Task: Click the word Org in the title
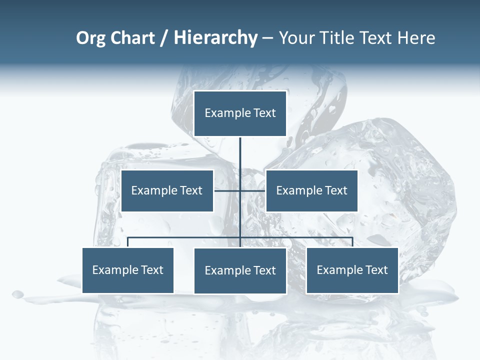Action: (91, 38)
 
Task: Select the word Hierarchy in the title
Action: (215, 38)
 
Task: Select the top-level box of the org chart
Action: (240, 113)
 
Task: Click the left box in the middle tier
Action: (167, 190)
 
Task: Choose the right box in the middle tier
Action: (312, 190)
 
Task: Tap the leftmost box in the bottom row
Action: (128, 270)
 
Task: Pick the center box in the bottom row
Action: (240, 270)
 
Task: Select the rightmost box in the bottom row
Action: (352, 270)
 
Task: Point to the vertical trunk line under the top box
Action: (240, 155)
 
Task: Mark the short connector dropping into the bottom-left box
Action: (128, 242)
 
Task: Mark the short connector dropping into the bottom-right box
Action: (352, 242)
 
